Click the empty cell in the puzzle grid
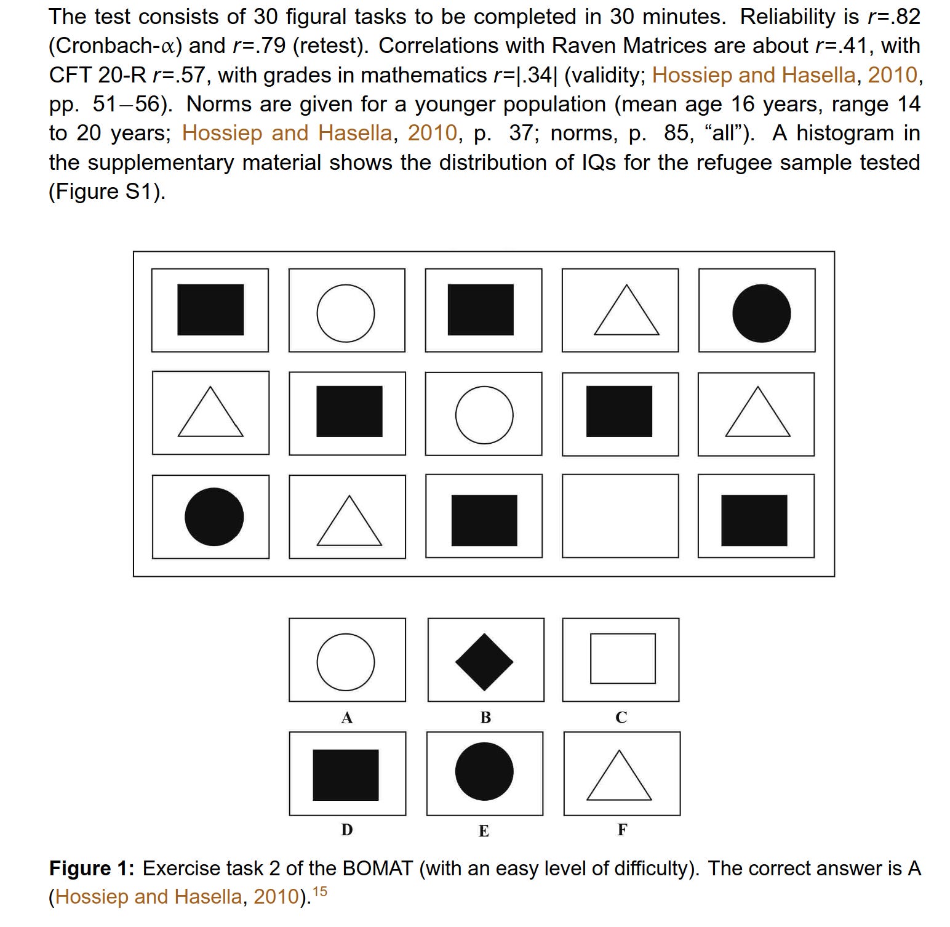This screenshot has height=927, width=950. [x=620, y=516]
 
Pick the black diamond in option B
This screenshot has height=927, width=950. [x=484, y=662]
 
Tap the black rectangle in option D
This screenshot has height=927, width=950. [x=346, y=775]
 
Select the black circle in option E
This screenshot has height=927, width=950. [x=484, y=771]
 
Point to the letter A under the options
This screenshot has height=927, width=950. [x=347, y=718]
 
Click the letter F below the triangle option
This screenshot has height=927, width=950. [x=622, y=830]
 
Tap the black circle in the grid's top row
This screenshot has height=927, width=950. [x=761, y=313]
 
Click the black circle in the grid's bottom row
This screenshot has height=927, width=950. [x=214, y=516]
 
